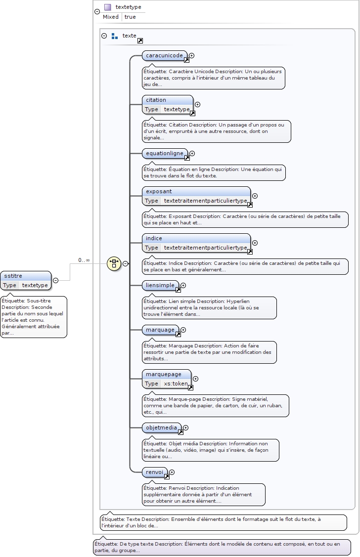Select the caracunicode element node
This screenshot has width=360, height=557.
pos(164,55)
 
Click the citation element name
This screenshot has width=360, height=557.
pos(156,100)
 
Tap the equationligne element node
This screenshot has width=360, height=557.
pos(164,153)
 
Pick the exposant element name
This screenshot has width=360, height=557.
pos(159,191)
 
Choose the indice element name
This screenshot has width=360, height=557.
pos(154,238)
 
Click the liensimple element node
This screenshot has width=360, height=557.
pos(160,285)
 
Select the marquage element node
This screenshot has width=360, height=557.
pos(160,330)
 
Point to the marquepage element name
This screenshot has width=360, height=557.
pos(164,374)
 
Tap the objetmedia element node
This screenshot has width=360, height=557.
pos(161,428)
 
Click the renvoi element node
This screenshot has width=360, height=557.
pos(154,472)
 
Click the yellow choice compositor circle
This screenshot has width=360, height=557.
pos(114,263)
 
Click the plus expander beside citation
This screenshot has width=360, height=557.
pos(198,104)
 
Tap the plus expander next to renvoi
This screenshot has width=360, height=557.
pos(172,472)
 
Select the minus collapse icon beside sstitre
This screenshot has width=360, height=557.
pos(56,280)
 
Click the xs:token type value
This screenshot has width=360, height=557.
pos(176,384)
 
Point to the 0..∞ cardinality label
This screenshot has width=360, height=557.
pos(84,260)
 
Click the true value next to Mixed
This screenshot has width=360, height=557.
pos(130,17)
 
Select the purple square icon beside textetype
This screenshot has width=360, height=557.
pos(107,7)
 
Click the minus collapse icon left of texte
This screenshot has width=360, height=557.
pos(104,36)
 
